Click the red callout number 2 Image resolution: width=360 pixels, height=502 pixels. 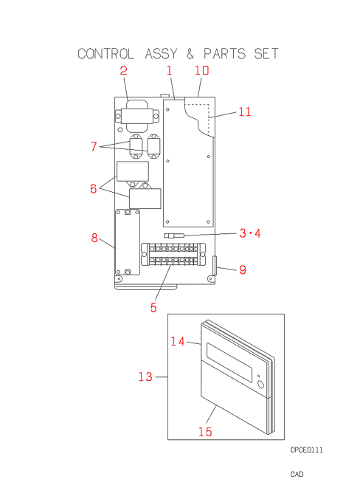coord(123,70)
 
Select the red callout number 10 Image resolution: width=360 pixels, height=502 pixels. coord(202,70)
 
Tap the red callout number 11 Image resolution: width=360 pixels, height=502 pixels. coord(245,111)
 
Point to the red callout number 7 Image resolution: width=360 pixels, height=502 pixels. coord(94,146)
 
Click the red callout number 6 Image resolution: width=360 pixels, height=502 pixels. coord(93,188)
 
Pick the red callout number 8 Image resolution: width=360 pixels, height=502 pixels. coord(94,238)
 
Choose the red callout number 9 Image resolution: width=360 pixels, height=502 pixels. coord(243,269)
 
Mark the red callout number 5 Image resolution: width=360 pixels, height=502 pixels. coord(153,308)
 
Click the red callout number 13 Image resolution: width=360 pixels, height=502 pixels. coord(145,376)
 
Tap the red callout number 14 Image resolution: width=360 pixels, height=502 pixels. coord(178,341)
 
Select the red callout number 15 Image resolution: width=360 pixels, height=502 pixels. coord(205,432)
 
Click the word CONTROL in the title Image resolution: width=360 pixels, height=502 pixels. coord(106,54)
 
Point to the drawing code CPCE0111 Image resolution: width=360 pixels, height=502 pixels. coord(306,450)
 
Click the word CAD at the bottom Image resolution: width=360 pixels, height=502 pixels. coord(297,474)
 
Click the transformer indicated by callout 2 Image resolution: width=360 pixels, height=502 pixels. coord(137,117)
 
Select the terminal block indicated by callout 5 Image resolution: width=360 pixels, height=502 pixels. coord(173,254)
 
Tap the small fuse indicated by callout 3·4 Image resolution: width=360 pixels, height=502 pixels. coord(174,235)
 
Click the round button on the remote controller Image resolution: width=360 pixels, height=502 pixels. coord(261,384)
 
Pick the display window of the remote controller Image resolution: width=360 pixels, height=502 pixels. coord(229,362)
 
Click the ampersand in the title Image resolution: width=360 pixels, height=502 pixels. coord(190,54)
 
